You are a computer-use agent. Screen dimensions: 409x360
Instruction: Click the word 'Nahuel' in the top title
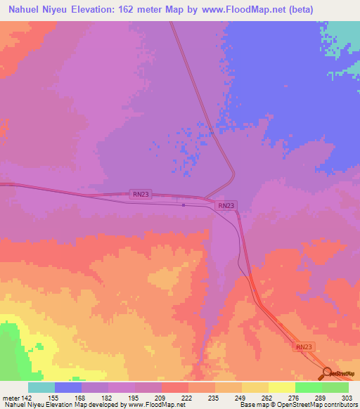[22, 9]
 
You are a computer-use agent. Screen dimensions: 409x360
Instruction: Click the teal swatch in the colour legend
[41, 387]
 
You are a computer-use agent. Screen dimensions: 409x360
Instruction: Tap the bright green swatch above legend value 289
[308, 387]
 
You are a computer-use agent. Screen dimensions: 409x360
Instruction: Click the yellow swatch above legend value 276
[281, 387]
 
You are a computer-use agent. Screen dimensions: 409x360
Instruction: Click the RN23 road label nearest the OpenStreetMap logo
[303, 347]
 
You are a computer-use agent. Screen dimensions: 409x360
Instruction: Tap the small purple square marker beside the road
[184, 205]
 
